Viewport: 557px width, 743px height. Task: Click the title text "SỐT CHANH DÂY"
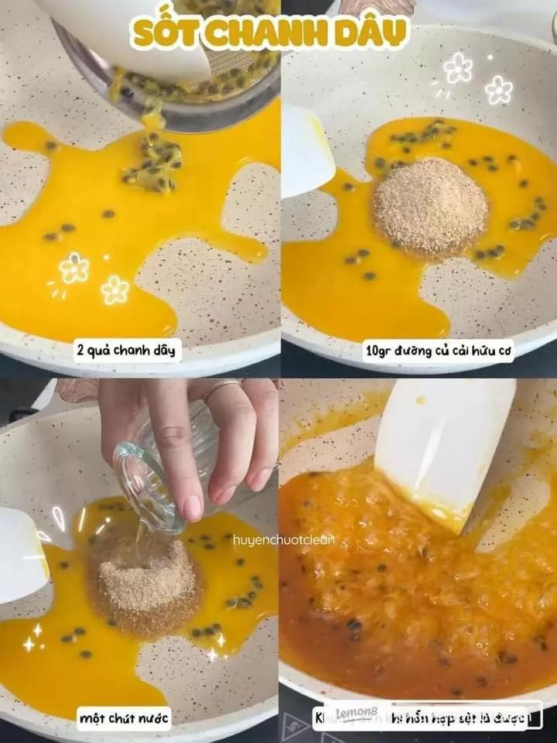pyautogui.click(x=269, y=33)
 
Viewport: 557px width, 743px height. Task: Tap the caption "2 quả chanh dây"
pyautogui.click(x=128, y=351)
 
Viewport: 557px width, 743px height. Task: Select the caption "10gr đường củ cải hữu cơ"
pyautogui.click(x=438, y=351)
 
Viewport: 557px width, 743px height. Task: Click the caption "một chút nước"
pyautogui.click(x=124, y=717)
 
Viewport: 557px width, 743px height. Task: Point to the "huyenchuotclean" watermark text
pyautogui.click(x=284, y=539)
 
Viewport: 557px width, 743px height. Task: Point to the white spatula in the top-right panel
pyautogui.click(x=306, y=151)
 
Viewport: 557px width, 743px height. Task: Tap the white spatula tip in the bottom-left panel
pyautogui.click(x=22, y=553)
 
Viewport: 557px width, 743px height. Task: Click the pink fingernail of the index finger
pyautogui.click(x=191, y=507)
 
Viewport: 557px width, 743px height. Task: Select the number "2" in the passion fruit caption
pyautogui.click(x=80, y=351)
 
